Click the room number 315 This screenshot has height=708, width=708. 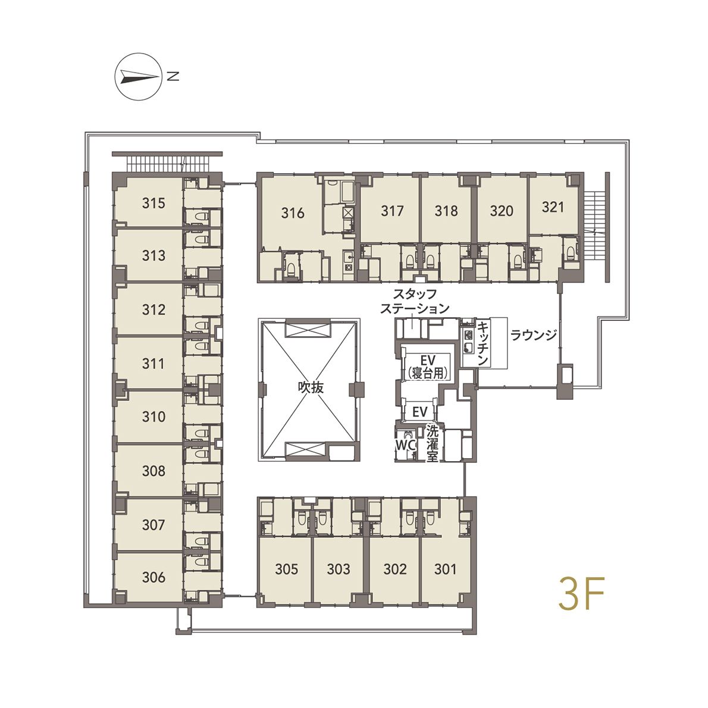(153, 203)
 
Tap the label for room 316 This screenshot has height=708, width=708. (293, 212)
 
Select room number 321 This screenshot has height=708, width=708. (553, 207)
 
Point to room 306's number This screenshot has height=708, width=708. (153, 577)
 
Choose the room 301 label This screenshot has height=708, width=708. (445, 569)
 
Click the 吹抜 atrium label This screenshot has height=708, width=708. (311, 387)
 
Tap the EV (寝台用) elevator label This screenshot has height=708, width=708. (427, 366)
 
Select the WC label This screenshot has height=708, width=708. (405, 445)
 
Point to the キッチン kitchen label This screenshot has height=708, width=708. (483, 343)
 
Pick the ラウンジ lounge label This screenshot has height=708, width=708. (533, 335)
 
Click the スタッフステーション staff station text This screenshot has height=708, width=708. (415, 301)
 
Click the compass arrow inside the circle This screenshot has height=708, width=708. (137, 77)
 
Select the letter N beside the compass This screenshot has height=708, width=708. (173, 77)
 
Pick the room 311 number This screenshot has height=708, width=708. (153, 363)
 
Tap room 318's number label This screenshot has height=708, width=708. (446, 211)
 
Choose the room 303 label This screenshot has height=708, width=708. (338, 569)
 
